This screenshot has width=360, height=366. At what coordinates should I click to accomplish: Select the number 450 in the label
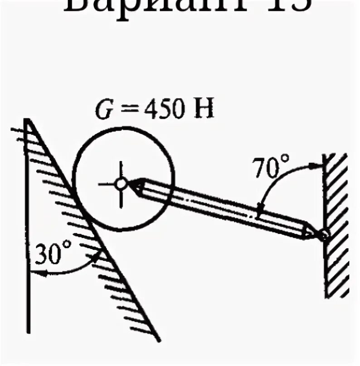[x=158, y=111]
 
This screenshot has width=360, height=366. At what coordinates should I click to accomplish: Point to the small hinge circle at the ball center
[x=121, y=184]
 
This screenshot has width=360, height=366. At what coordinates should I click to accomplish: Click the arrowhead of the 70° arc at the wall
[x=317, y=166]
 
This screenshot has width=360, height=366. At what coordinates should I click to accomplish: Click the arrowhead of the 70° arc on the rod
[x=259, y=213]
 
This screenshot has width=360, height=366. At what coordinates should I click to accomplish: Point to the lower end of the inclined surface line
[x=160, y=340]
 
